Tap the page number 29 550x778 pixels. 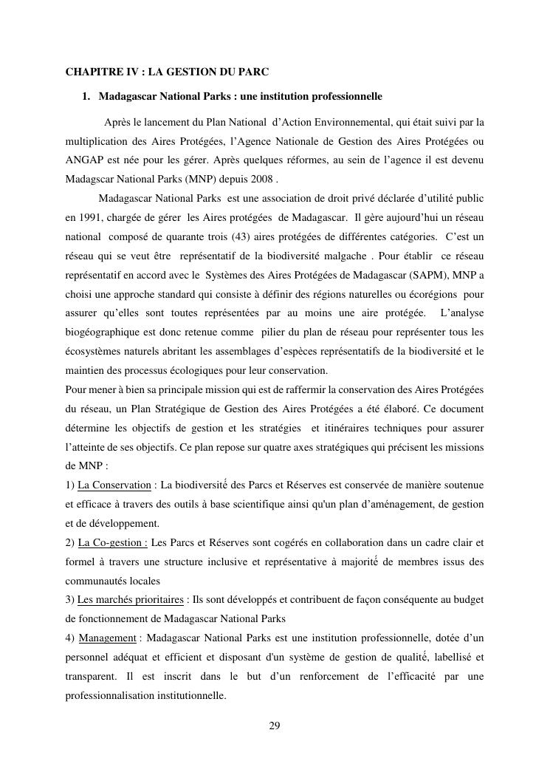275,726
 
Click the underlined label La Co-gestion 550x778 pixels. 113,543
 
